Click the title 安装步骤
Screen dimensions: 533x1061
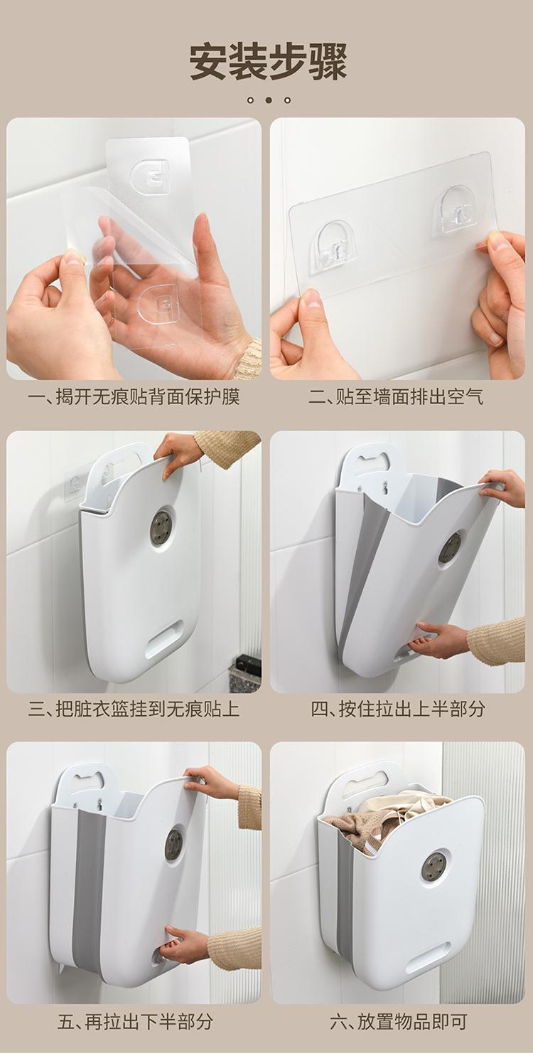pos(269,62)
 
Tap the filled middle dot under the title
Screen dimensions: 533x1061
pos(269,100)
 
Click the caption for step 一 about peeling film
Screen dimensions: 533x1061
pos(134,396)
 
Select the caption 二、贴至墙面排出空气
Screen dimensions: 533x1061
pos(397,396)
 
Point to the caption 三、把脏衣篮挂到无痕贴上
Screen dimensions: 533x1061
pos(134,709)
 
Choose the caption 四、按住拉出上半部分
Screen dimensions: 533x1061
pos(398,709)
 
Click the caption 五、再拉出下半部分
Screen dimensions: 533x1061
pos(135,1020)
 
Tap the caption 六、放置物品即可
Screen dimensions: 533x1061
pos(398,1020)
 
